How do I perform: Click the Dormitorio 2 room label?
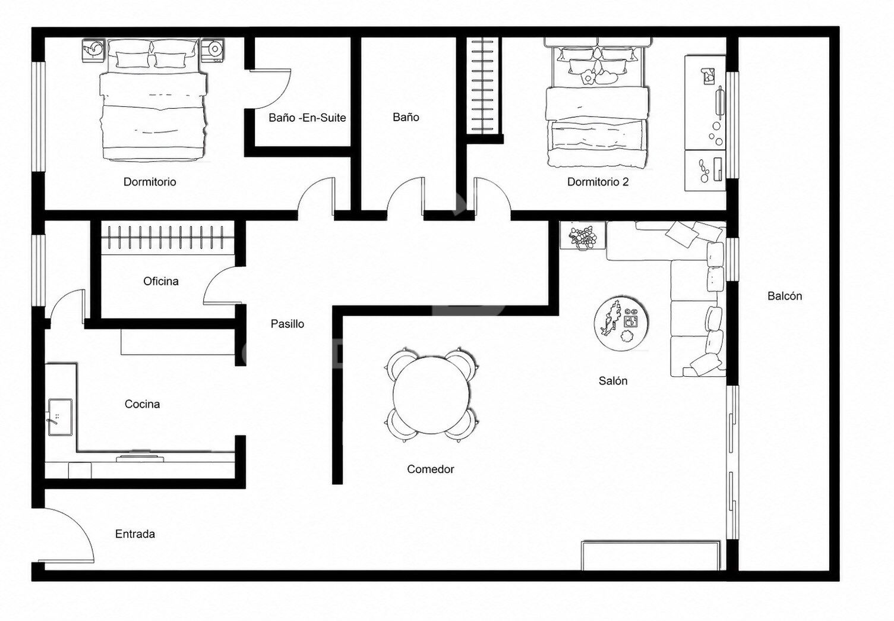pyautogui.click(x=598, y=182)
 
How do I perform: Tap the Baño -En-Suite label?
pyautogui.click(x=307, y=118)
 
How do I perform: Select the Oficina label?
pyautogui.click(x=161, y=281)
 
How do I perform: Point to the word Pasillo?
pyautogui.click(x=288, y=324)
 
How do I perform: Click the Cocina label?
pyautogui.click(x=142, y=404)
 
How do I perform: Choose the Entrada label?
pyautogui.click(x=135, y=534)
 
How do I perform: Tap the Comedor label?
pyautogui.click(x=430, y=469)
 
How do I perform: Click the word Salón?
pyautogui.click(x=612, y=380)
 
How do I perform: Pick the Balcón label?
pyautogui.click(x=784, y=296)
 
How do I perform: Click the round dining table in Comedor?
pyautogui.click(x=431, y=395)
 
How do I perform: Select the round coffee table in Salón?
pyautogui.click(x=621, y=324)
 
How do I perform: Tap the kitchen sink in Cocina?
pyautogui.click(x=60, y=417)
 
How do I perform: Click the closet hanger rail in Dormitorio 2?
pyautogui.click(x=483, y=85)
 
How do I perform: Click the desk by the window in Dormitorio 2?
pyautogui.click(x=705, y=123)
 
